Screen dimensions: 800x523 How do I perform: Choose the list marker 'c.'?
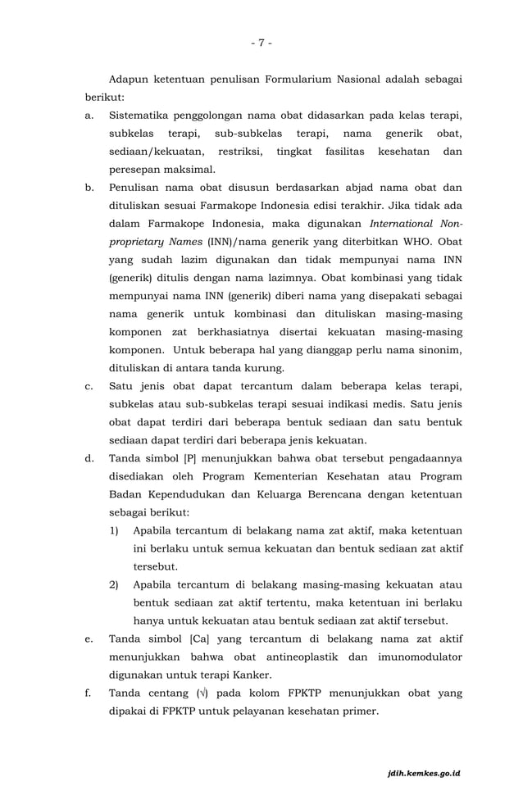89,386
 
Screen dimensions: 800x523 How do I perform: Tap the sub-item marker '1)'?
115,530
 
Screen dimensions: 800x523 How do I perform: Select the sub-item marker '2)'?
115,584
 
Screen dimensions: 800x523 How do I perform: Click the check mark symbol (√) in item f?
202,693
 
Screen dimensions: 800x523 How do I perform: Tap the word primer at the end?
358,711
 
